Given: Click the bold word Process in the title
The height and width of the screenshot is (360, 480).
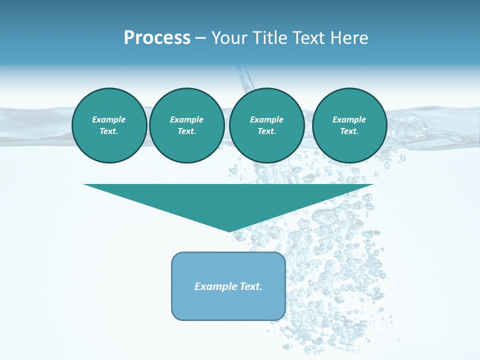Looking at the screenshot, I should point(157,38).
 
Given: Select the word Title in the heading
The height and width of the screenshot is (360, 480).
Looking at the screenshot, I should point(270,38).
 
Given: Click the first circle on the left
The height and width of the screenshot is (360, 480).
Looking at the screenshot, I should point(109,125).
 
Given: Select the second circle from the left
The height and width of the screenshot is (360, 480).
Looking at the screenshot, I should point(186,125).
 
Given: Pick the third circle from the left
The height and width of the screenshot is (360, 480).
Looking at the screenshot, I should point(266,125).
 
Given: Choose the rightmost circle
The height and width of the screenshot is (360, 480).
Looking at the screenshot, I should point(349,125).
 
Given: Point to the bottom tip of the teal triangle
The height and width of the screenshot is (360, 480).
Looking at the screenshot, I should point(229,231).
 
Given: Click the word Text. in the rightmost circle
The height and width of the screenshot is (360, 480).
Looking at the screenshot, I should point(349,131).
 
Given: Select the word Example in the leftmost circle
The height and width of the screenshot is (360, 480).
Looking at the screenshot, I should point(109,119).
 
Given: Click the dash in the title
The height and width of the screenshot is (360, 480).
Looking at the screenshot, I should point(201,38).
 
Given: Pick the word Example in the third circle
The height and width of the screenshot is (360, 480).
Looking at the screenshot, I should point(266,119).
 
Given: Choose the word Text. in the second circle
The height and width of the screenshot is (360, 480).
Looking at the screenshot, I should point(186,131).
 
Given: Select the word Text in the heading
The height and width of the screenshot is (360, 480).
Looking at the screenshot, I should point(307,38).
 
